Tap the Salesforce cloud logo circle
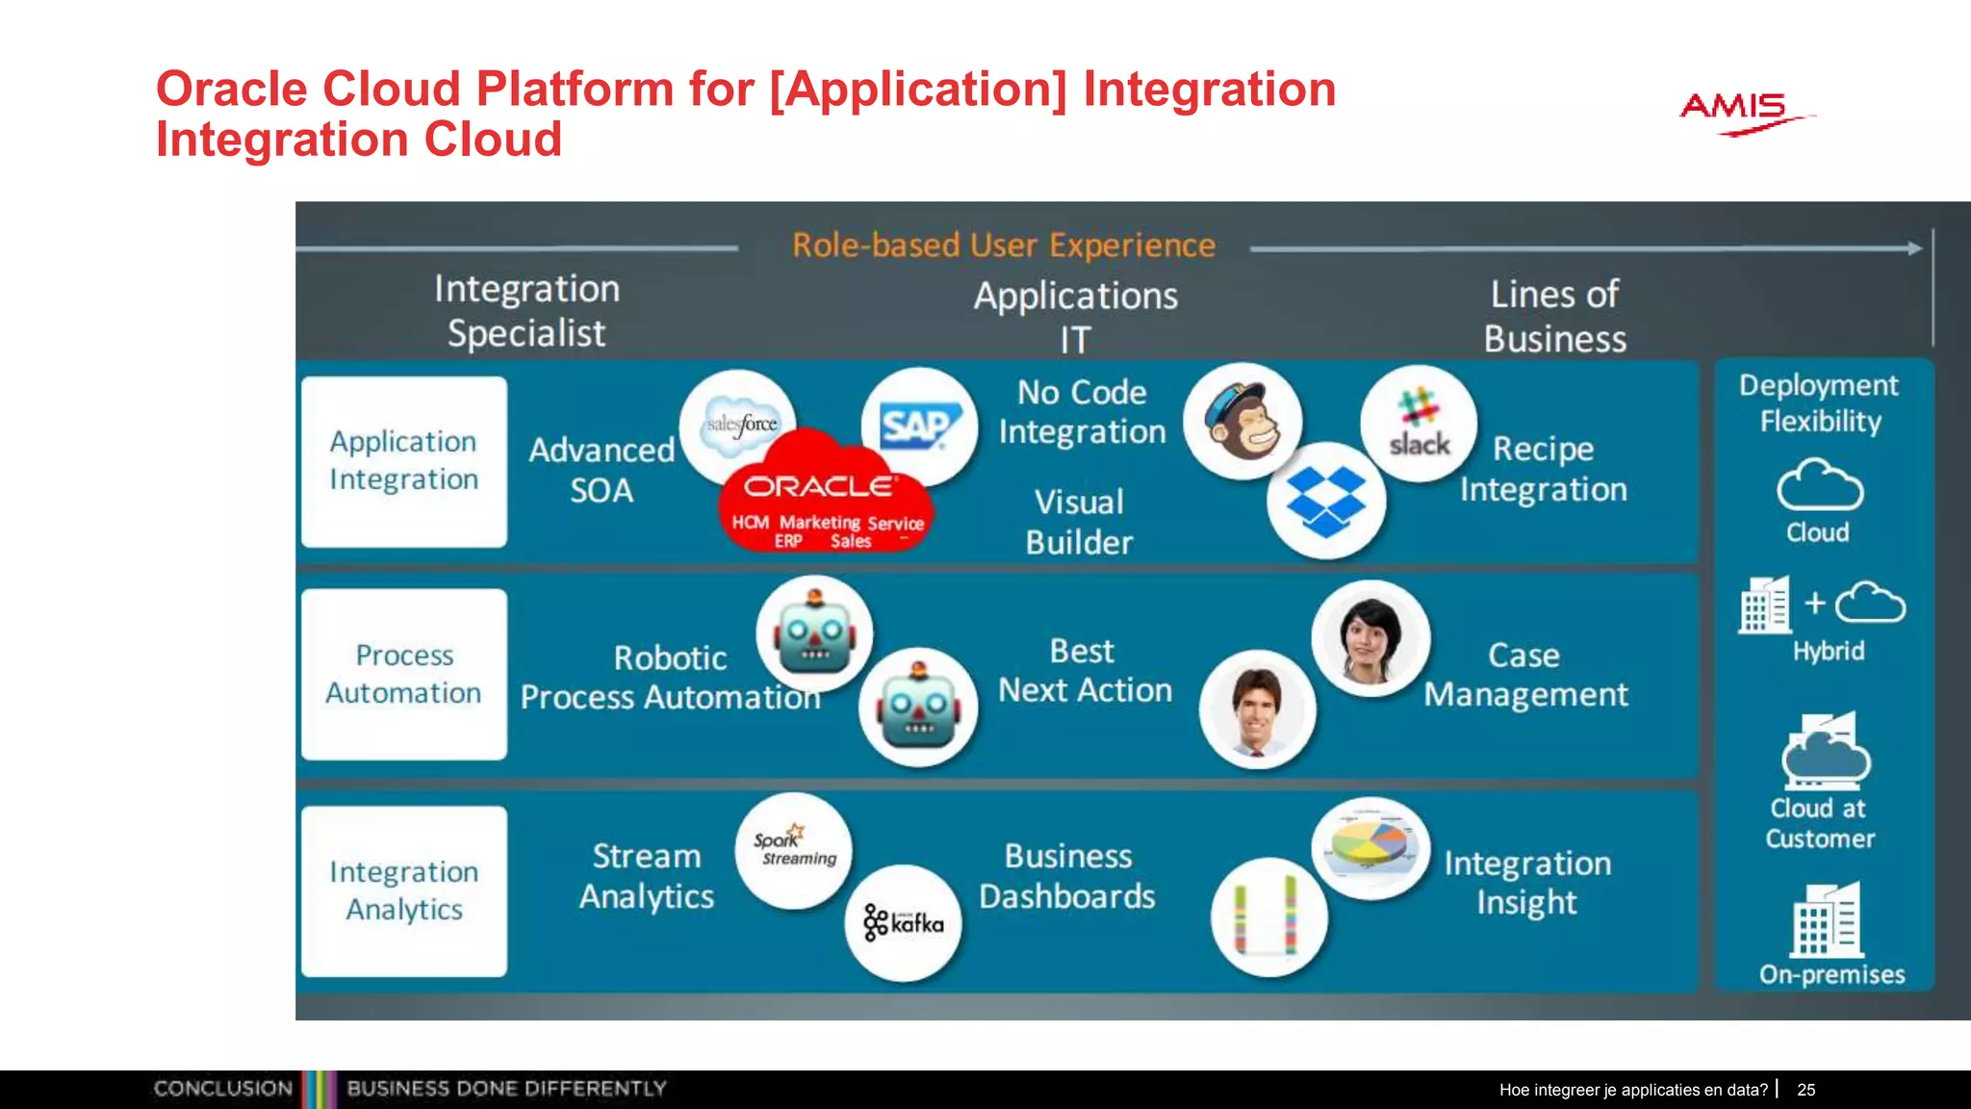738,424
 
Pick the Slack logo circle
1419,424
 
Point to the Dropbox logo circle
1326,500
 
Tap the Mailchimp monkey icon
1242,422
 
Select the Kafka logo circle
903,922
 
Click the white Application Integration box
404,461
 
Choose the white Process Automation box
404,674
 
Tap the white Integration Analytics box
404,890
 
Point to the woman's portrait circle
1369,639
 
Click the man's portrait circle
1257,709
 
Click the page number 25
1805,1090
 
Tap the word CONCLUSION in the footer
222,1089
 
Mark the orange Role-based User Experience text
1003,245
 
